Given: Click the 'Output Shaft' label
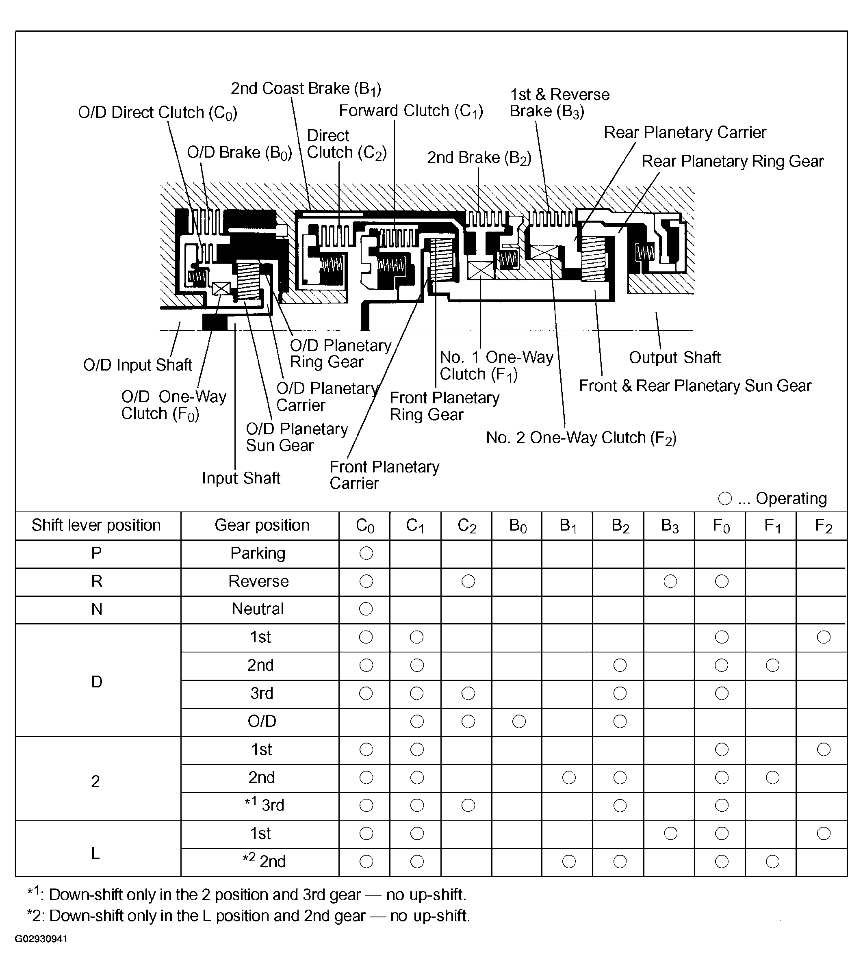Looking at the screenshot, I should (x=674, y=357).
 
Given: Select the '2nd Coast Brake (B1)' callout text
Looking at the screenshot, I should (x=306, y=89).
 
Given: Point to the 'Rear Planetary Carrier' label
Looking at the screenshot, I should (x=685, y=132).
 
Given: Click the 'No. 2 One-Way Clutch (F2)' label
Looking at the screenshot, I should (x=581, y=438).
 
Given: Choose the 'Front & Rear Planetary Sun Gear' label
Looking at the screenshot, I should (x=694, y=386).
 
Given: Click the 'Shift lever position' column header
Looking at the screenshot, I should (x=96, y=525).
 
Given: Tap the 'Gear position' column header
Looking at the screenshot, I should (x=262, y=525).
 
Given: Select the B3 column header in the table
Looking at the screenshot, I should (x=670, y=526).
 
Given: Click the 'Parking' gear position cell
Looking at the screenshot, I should (x=258, y=553).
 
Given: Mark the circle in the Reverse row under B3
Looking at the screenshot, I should (x=670, y=581).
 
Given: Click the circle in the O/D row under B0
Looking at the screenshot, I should (x=519, y=721).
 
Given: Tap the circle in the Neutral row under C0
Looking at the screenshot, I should (x=366, y=609).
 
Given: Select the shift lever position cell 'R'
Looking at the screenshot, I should (x=97, y=581).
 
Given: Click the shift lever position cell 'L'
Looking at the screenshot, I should (x=95, y=853).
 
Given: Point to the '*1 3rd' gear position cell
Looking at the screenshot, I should (x=264, y=805).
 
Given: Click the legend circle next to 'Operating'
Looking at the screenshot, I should (x=724, y=498).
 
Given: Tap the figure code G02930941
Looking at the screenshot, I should (x=41, y=939).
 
